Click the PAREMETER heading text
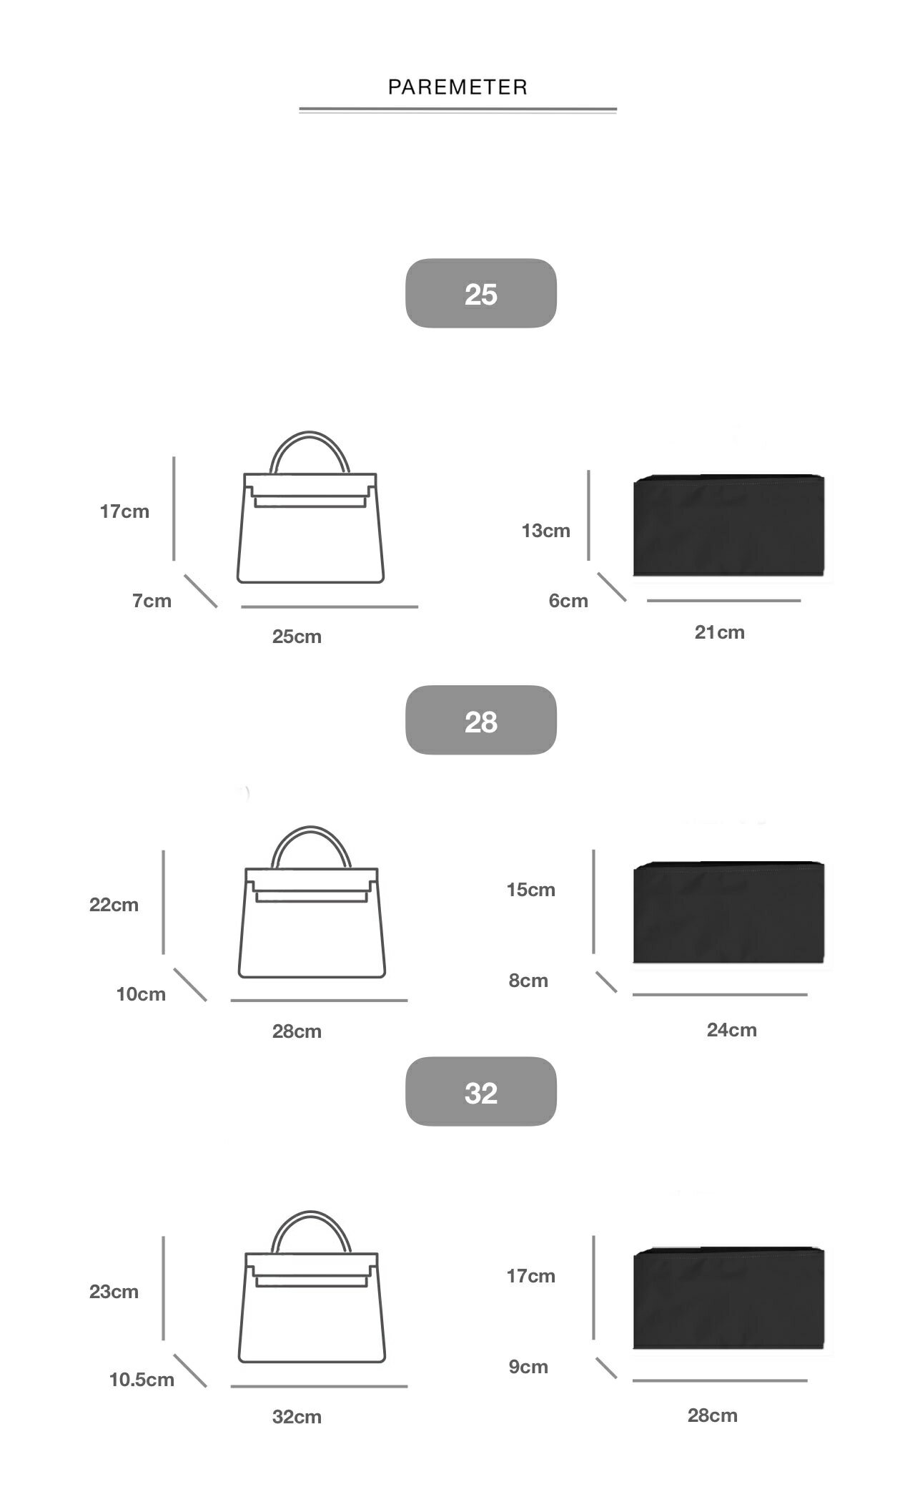click(x=457, y=87)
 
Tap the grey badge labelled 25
click(x=481, y=293)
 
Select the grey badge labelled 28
click(x=481, y=720)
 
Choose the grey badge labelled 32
click(x=481, y=1091)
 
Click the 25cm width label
click(x=297, y=637)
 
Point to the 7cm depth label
click(x=152, y=601)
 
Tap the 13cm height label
click(x=546, y=531)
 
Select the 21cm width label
click(x=720, y=632)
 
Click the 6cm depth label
click(x=568, y=601)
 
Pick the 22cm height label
click(x=114, y=905)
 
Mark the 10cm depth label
click(x=141, y=994)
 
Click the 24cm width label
click(x=731, y=1030)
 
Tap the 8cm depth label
click(x=528, y=981)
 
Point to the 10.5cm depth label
click(x=142, y=1380)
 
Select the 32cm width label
click(x=297, y=1417)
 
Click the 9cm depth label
click(x=528, y=1367)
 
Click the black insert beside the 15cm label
click(x=728, y=912)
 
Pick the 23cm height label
click(x=114, y=1292)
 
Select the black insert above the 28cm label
click(x=728, y=1298)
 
